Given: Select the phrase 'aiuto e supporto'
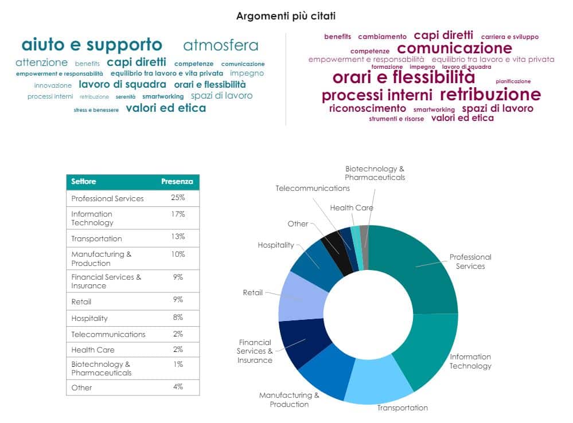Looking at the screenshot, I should click(92, 45).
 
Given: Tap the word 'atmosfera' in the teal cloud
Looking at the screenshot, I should click(221, 46).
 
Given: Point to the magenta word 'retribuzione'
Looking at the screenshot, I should click(490, 95).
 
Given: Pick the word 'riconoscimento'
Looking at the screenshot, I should click(367, 108).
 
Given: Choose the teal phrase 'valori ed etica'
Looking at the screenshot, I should click(166, 108).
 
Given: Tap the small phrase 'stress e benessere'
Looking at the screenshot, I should click(96, 109).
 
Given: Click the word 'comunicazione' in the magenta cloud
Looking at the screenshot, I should click(454, 48).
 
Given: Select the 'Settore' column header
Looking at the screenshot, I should click(84, 182).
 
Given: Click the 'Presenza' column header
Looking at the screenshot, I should click(177, 182).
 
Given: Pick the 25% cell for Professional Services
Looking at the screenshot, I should click(177, 198).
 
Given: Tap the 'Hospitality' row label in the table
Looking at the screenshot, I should click(89, 318).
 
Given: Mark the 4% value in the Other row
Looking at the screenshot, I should click(177, 387).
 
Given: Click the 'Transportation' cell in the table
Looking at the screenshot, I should click(96, 238).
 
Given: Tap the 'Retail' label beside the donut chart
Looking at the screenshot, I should click(252, 293).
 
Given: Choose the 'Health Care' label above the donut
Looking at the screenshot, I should click(352, 208).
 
